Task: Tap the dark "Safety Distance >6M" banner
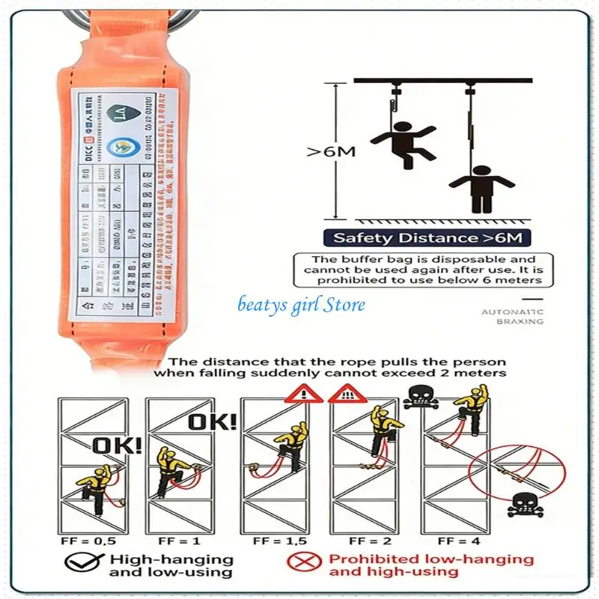[428, 239]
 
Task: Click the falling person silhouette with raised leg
[402, 142]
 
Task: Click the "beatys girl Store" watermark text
[302, 305]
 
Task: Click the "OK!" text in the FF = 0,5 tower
[116, 446]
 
